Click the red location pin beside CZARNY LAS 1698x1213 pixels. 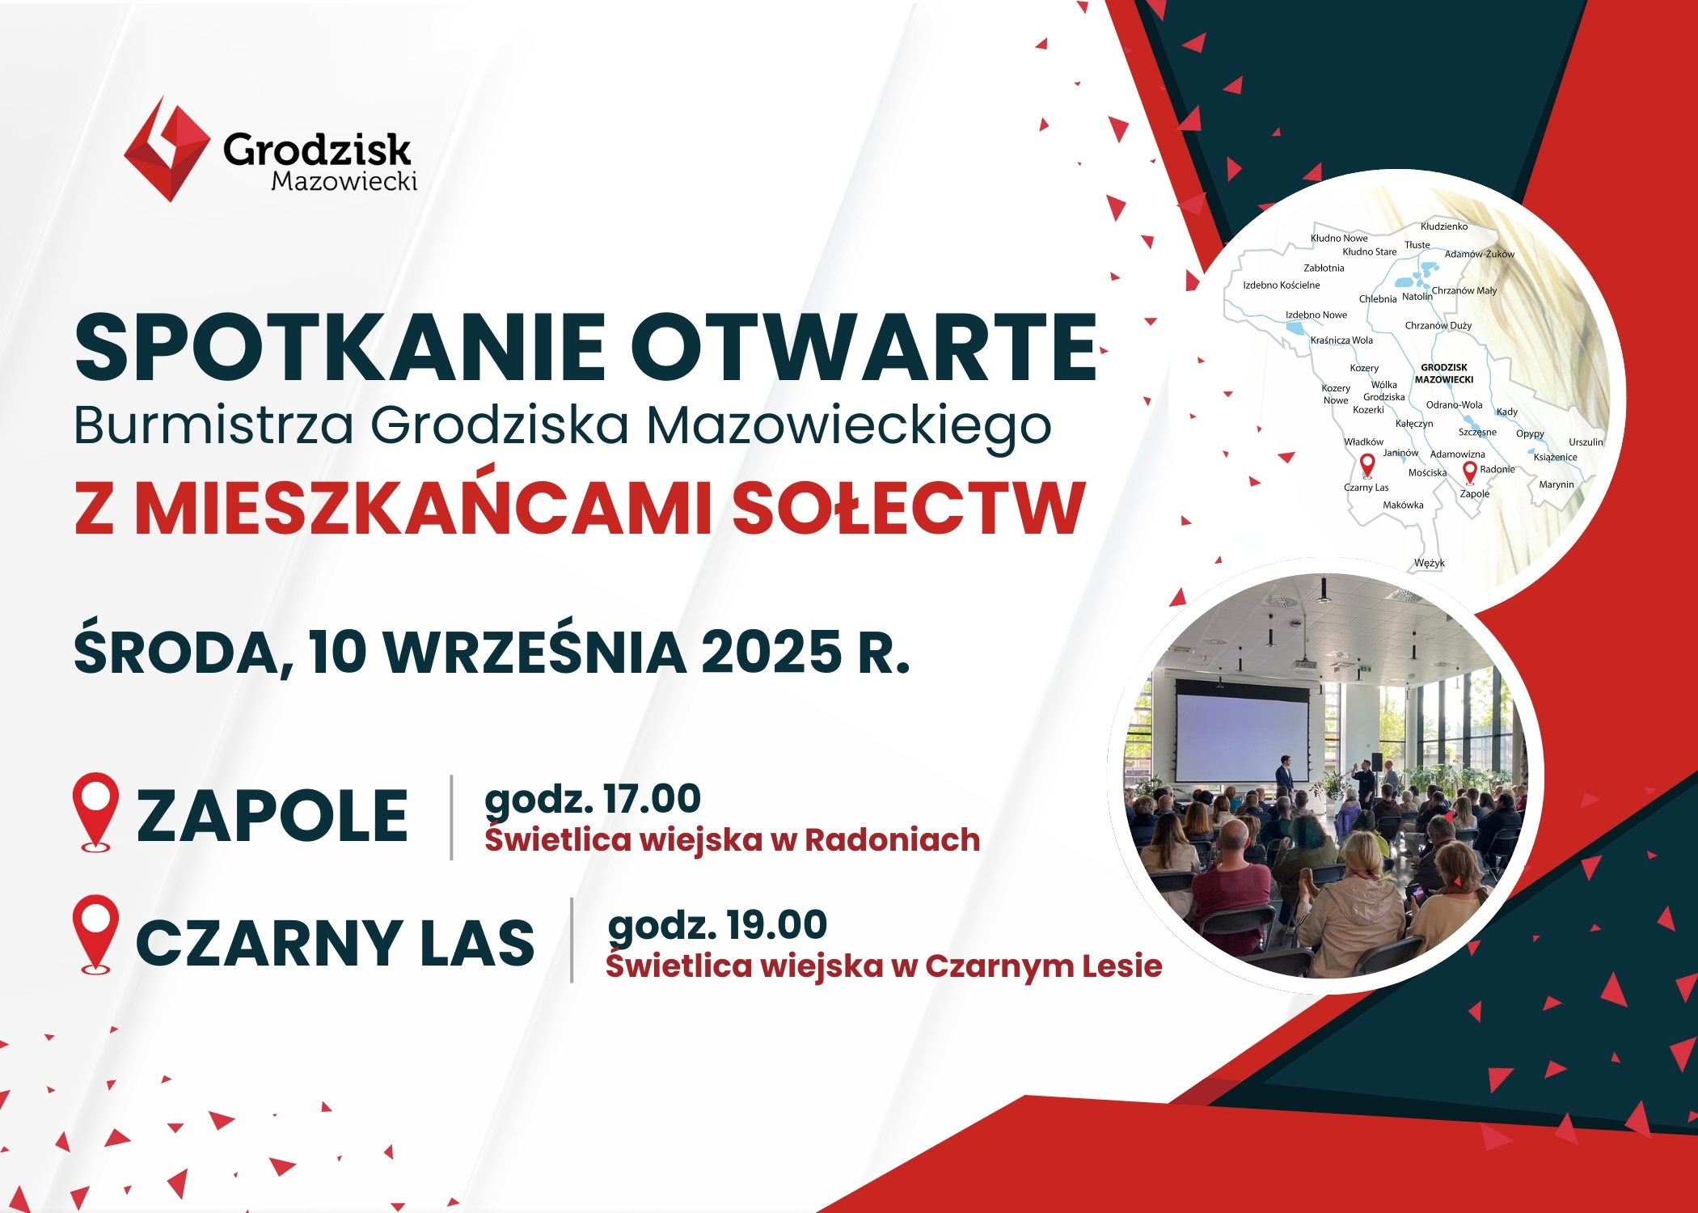(96, 934)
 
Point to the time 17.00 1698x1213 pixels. (652, 798)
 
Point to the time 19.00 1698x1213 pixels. (776, 923)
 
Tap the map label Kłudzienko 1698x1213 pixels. (1444, 226)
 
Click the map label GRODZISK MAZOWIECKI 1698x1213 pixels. (1444, 374)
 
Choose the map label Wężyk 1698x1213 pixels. (1430, 563)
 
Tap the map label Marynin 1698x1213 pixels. (1556, 485)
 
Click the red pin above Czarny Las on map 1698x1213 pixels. (1367, 465)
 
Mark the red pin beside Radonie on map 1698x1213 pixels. (1470, 471)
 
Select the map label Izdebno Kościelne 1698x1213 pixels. (1282, 285)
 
